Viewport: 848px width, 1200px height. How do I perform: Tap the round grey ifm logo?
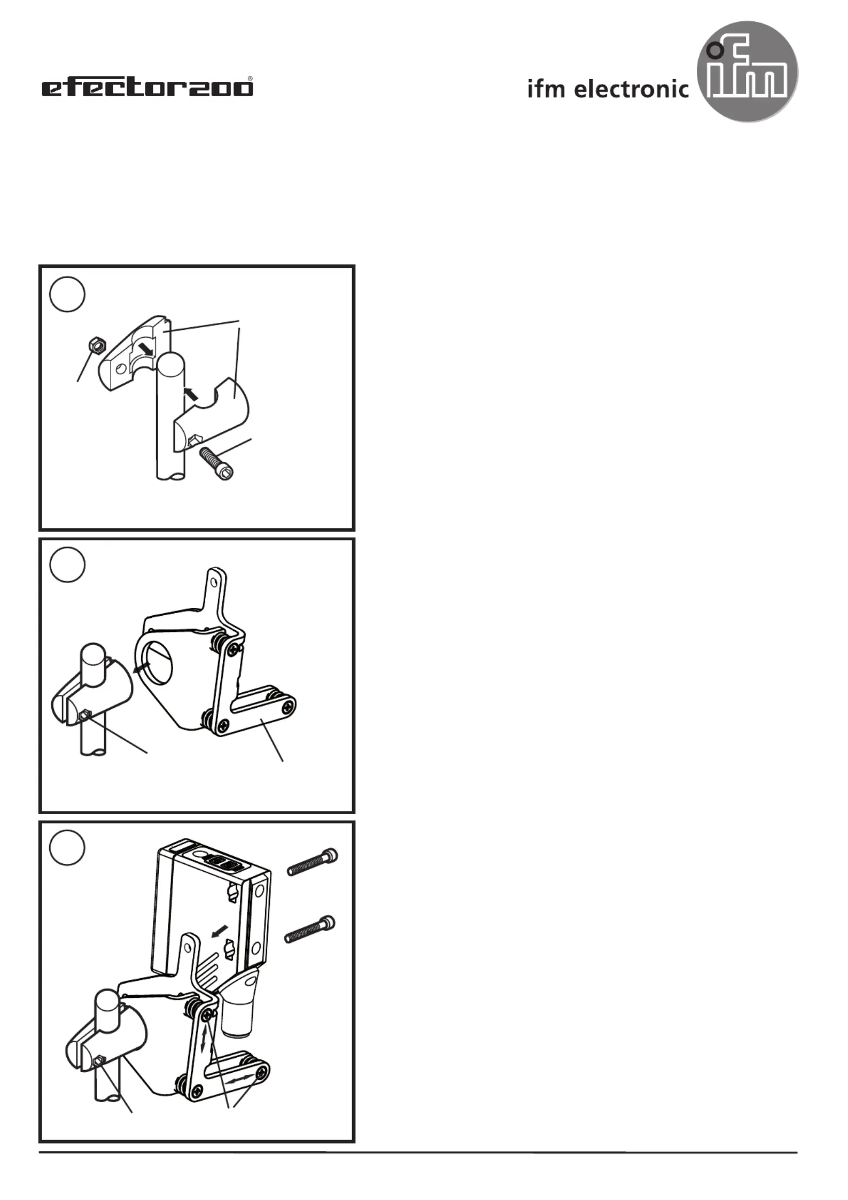tap(748, 72)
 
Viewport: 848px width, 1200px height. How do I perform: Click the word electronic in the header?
tap(632, 89)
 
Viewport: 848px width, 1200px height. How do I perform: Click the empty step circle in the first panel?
tap(67, 294)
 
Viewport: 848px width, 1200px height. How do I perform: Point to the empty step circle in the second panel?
tap(67, 564)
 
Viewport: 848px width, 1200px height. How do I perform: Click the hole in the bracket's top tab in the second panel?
tap(216, 579)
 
